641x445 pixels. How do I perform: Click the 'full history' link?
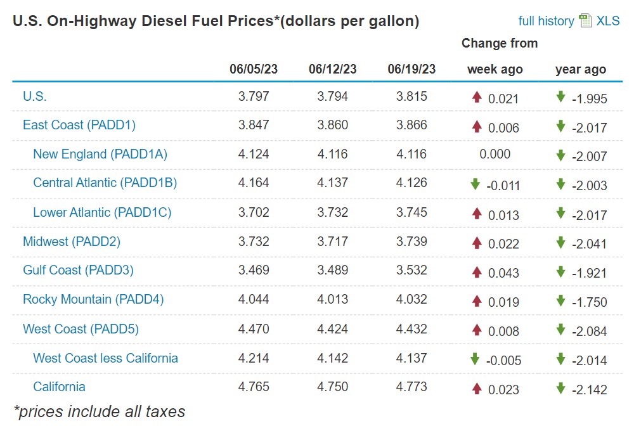(x=546, y=21)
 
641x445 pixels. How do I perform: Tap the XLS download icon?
(x=585, y=21)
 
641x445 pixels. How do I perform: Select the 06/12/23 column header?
(x=332, y=69)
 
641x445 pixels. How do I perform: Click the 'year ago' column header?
(x=580, y=69)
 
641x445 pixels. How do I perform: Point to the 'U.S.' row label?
(x=35, y=96)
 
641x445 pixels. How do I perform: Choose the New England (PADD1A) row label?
(x=100, y=154)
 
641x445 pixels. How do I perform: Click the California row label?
(x=59, y=387)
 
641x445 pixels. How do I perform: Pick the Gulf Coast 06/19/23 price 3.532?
(x=411, y=270)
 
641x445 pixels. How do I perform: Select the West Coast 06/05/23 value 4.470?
(x=254, y=329)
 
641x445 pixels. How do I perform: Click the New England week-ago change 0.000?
(x=495, y=154)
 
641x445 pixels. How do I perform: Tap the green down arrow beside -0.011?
(x=475, y=184)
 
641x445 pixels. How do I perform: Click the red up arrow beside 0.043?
(x=477, y=271)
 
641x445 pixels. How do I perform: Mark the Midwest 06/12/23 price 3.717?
(x=332, y=242)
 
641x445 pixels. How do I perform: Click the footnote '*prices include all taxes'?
(x=100, y=411)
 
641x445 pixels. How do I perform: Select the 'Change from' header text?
(x=499, y=43)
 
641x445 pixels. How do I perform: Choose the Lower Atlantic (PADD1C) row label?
(x=102, y=212)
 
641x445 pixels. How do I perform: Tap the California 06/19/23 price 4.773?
(x=411, y=387)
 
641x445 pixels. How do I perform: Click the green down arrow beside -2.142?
(x=560, y=388)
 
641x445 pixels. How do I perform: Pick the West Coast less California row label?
(x=105, y=358)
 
